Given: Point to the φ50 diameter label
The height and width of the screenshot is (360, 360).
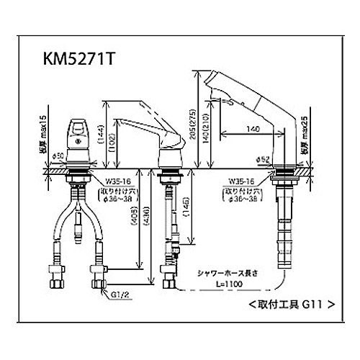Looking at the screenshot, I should pyautogui.click(x=60, y=156).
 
